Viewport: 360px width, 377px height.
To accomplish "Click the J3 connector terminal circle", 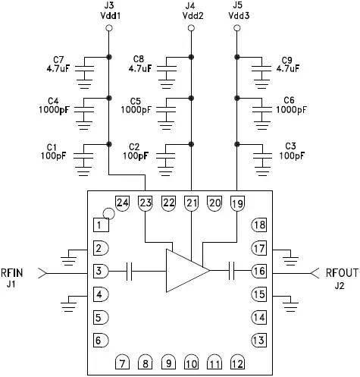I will (x=108, y=28).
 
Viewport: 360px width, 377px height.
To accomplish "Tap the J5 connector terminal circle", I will (x=238, y=28).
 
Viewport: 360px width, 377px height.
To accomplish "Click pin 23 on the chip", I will (x=146, y=203).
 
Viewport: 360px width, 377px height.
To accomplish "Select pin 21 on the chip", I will (x=191, y=203).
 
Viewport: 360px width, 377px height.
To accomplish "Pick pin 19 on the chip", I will (x=237, y=203).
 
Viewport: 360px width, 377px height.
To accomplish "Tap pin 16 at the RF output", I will (x=259, y=270).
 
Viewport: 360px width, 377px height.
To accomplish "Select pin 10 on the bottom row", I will (x=191, y=363).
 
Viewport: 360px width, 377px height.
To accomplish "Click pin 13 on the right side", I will (x=259, y=339).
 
